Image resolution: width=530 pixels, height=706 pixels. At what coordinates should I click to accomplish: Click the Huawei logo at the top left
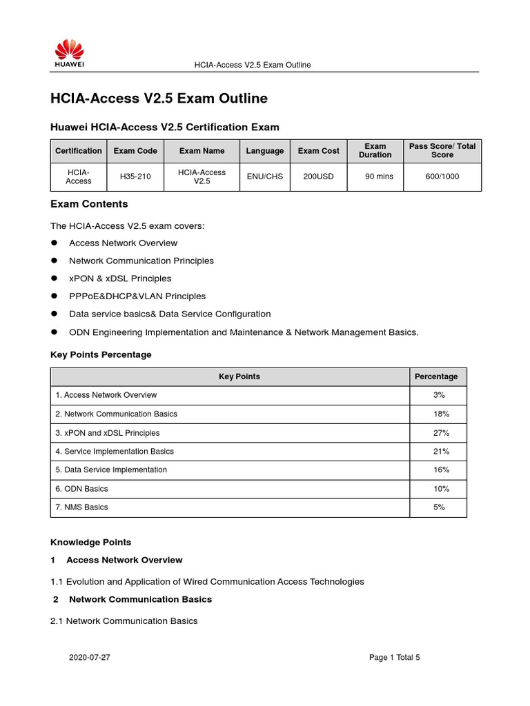pyautogui.click(x=70, y=53)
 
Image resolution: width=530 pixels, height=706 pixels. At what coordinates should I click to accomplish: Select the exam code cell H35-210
pyautogui.click(x=135, y=176)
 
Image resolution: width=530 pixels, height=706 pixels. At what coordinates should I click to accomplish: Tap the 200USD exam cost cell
pyautogui.click(x=318, y=176)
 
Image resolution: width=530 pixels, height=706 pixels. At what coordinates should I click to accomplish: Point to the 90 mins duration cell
pyautogui.click(x=379, y=176)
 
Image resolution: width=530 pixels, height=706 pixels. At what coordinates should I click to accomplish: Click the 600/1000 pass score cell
pyautogui.click(x=442, y=176)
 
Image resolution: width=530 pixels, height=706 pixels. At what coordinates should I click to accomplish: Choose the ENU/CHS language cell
pyautogui.click(x=265, y=176)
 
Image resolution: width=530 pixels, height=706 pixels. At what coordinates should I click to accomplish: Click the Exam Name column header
pyautogui.click(x=202, y=151)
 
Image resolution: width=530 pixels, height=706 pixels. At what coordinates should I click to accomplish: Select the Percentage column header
pyautogui.click(x=435, y=376)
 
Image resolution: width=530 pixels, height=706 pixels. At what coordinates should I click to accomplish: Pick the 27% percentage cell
pyautogui.click(x=440, y=433)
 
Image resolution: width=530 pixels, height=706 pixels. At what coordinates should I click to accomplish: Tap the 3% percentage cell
pyautogui.click(x=440, y=395)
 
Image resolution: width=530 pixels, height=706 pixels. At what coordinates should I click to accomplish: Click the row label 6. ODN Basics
pyautogui.click(x=81, y=489)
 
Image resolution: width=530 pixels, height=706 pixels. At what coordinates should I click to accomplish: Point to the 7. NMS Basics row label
pyautogui.click(x=81, y=507)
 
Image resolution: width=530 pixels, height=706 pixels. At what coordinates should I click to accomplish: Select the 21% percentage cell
pyautogui.click(x=440, y=452)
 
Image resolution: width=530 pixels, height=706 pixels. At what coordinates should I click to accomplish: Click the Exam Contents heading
pyautogui.click(x=89, y=204)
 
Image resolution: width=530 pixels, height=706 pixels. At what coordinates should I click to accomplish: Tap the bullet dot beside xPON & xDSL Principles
pyautogui.click(x=54, y=279)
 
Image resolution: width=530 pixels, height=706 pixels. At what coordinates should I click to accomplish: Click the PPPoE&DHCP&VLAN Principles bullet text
pyautogui.click(x=137, y=296)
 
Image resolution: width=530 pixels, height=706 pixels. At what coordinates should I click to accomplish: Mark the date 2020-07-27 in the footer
pyautogui.click(x=89, y=658)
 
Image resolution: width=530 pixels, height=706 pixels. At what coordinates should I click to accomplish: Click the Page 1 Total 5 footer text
pyautogui.click(x=394, y=658)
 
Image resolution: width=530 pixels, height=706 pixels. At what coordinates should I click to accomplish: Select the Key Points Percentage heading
pyautogui.click(x=101, y=354)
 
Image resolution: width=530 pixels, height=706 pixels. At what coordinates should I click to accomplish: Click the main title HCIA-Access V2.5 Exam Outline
pyautogui.click(x=159, y=99)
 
